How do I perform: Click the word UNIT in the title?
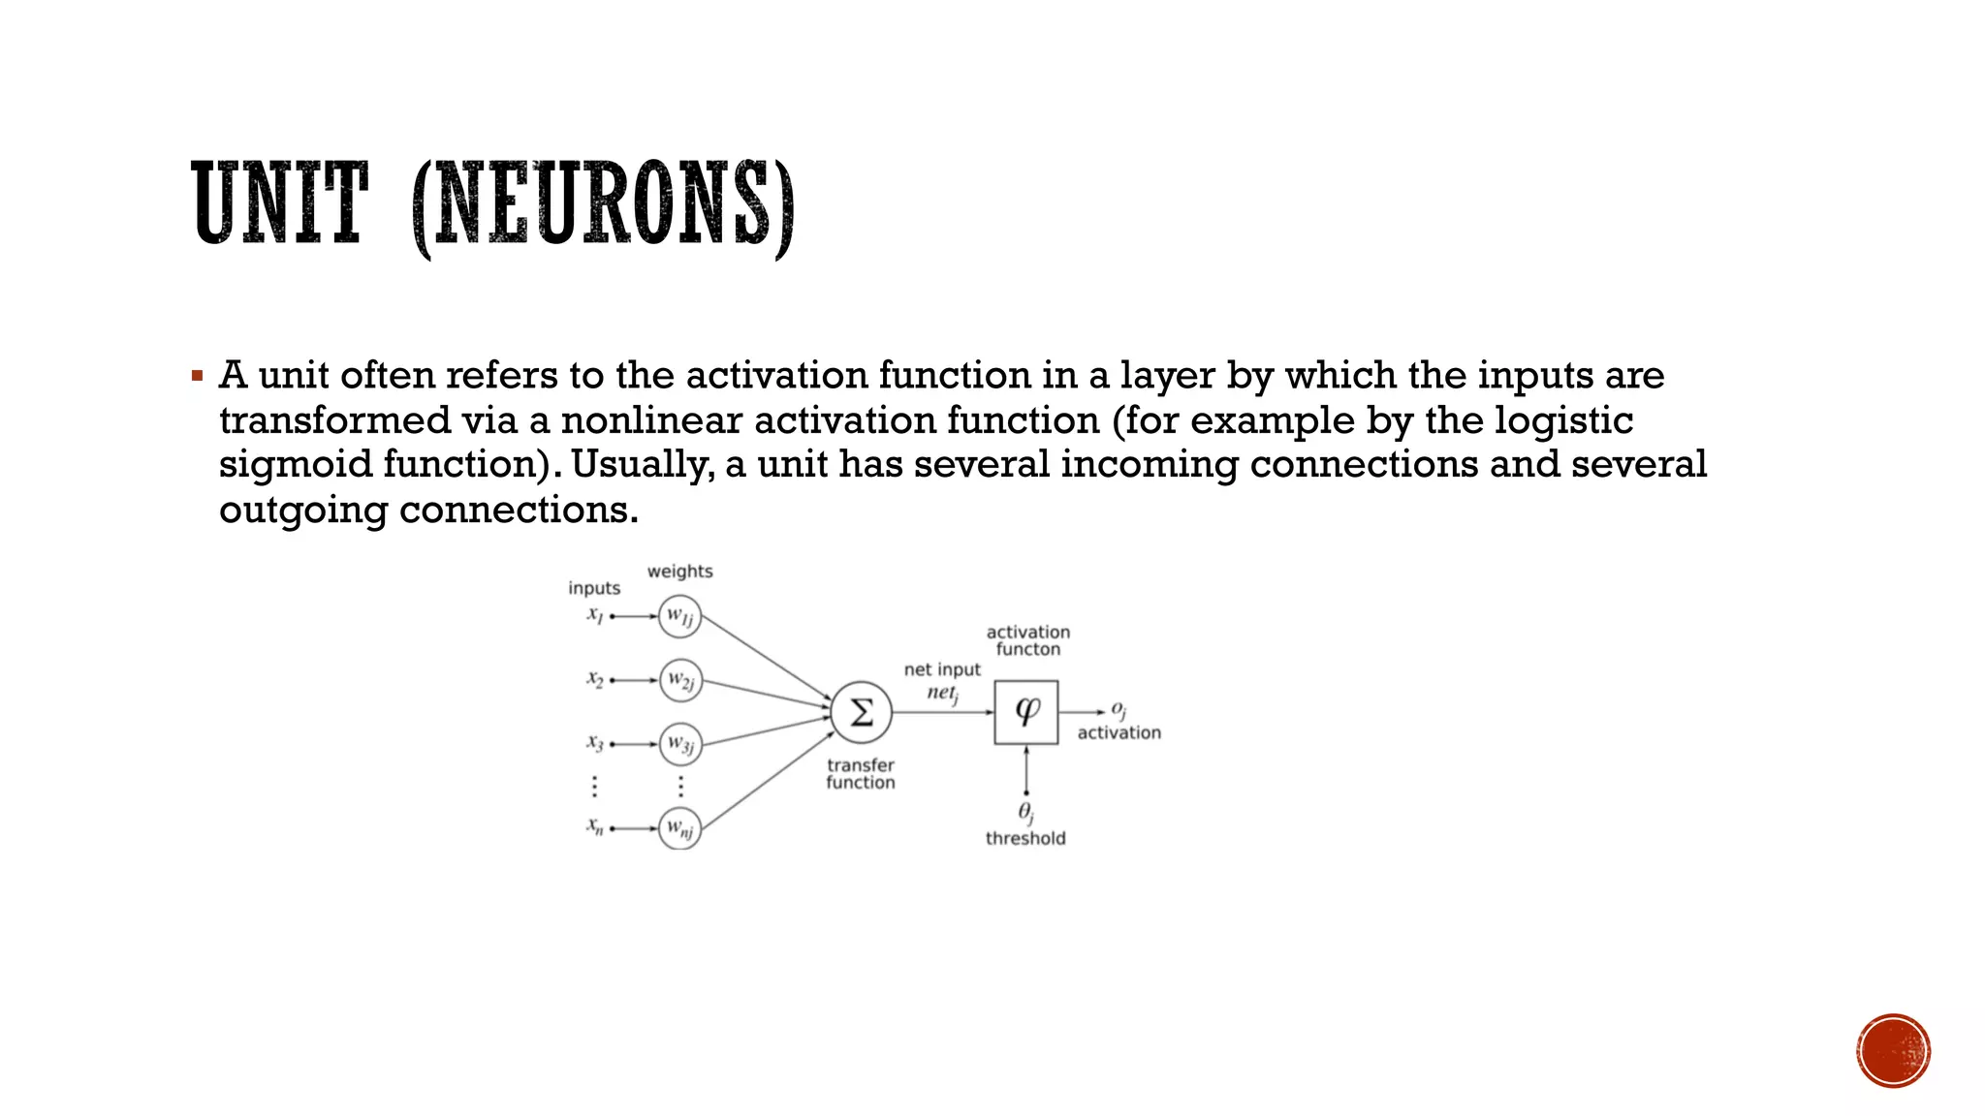tap(279, 203)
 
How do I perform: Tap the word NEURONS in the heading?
tap(602, 205)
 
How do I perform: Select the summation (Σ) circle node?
tap(861, 712)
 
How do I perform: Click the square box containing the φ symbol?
tap(1025, 712)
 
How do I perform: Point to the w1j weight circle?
tap(679, 616)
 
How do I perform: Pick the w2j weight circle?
tap(679, 680)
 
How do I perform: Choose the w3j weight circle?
tap(679, 744)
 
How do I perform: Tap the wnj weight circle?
tap(679, 828)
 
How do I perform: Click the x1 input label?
tap(595, 614)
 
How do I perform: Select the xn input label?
tap(595, 826)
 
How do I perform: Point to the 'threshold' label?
tap(1025, 839)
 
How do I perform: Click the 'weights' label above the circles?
tap(679, 572)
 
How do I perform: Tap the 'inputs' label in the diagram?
tap(594, 588)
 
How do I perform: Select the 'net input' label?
tap(942, 669)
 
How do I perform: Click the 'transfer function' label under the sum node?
tap(861, 774)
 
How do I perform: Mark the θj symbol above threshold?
tap(1025, 812)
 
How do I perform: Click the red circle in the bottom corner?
tap(1894, 1051)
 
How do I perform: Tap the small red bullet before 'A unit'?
tap(197, 376)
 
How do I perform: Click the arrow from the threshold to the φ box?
tap(1026, 769)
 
